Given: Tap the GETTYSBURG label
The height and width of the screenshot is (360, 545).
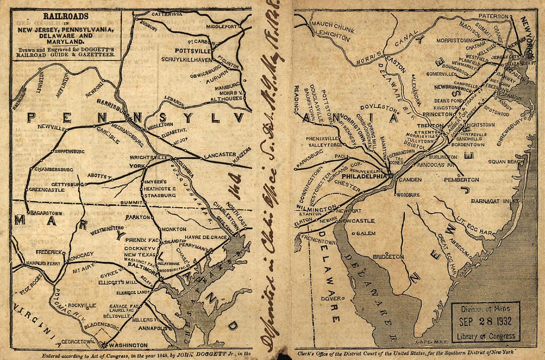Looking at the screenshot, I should click(x=68, y=184).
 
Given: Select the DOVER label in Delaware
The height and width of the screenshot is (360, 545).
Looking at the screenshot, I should click(x=330, y=299).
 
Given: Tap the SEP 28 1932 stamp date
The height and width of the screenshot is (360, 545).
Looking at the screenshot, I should click(x=486, y=321).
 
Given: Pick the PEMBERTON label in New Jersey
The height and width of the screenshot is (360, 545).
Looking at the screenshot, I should click(x=462, y=179).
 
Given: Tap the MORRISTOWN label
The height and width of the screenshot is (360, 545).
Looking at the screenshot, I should click(x=454, y=39).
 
